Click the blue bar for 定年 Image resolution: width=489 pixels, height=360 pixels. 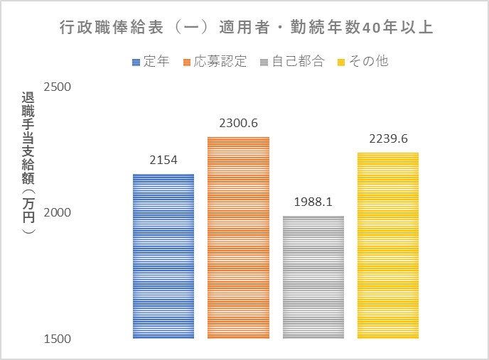coord(163,256)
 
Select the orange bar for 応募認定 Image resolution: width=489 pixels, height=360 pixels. coord(238,237)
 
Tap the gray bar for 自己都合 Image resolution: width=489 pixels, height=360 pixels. coord(313,277)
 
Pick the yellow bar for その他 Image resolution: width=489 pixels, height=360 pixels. coord(388,245)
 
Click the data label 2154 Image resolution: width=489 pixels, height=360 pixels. coord(163,161)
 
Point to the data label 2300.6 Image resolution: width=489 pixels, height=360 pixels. coord(238,124)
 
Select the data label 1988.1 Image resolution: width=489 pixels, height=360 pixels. coord(313,202)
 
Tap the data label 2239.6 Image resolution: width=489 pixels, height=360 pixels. coord(388,139)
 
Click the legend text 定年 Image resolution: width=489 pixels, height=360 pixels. coord(156,62)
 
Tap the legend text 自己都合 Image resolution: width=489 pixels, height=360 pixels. coord(299,62)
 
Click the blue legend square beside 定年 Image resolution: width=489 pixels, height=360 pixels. coord(136,62)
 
